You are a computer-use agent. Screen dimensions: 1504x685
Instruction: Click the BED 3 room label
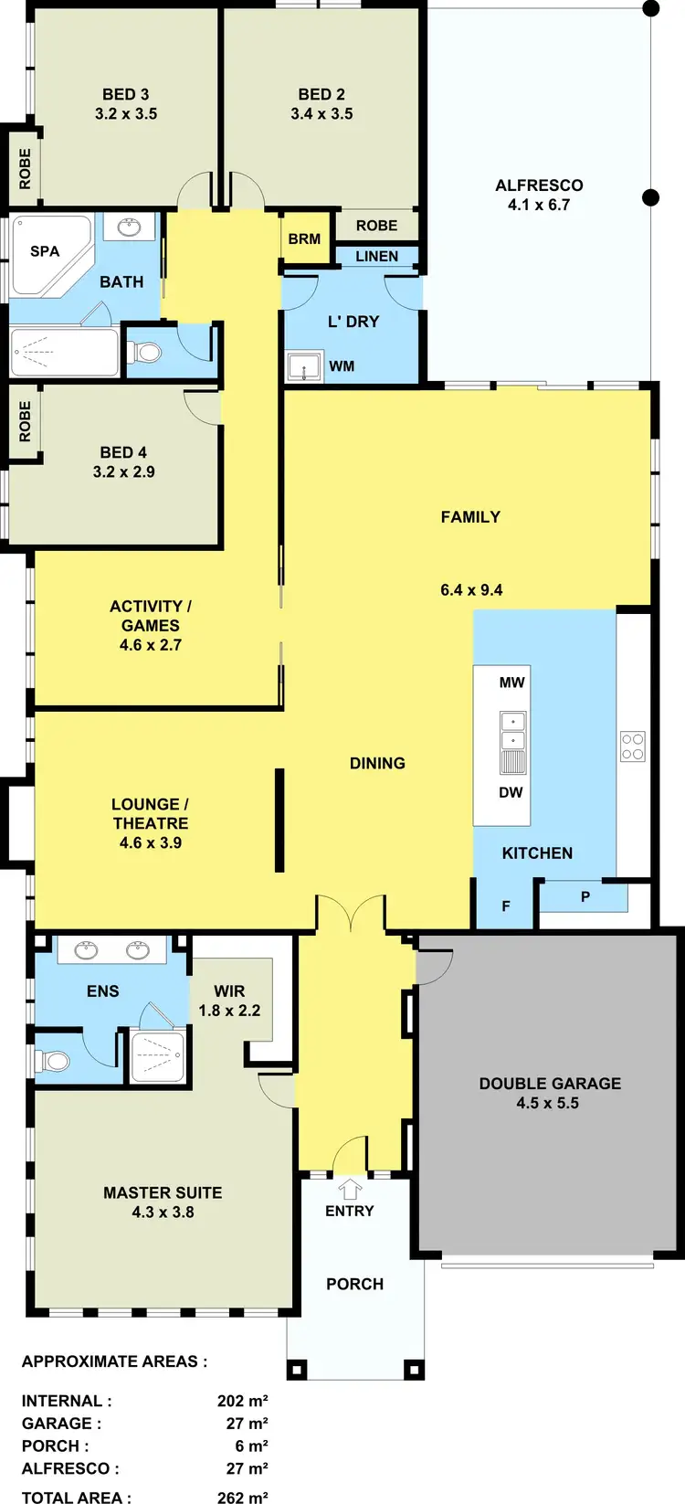tap(126, 94)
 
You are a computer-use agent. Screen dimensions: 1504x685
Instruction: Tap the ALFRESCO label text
tap(539, 185)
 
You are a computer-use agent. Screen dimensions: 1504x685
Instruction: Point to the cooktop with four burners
tap(632, 747)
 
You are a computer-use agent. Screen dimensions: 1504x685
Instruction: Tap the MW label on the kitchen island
tap(511, 683)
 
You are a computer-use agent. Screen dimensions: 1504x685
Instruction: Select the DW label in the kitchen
tap(511, 792)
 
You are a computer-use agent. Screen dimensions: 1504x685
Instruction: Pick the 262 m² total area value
tap(243, 1497)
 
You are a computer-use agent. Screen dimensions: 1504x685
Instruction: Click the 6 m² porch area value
tap(251, 1446)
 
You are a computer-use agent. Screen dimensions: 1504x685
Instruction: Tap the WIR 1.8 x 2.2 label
tap(229, 1001)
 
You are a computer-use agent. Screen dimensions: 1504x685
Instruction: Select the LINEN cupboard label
tap(376, 257)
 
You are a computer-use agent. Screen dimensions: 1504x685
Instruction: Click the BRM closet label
tap(304, 238)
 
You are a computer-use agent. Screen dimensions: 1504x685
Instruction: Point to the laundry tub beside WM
tap(303, 366)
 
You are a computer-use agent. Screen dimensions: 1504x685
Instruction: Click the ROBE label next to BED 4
tap(25, 421)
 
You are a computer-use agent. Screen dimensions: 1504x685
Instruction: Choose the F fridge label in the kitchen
tap(506, 906)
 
